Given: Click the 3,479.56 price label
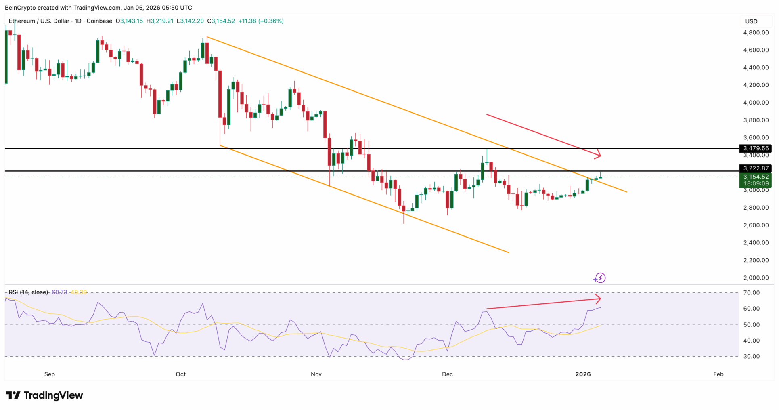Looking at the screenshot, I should click(x=756, y=149).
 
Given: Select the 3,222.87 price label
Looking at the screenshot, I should click(x=756, y=168).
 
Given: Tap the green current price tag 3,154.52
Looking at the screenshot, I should click(x=756, y=177).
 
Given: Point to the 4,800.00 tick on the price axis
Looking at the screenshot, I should click(x=756, y=33).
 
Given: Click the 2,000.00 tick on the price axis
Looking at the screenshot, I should click(x=756, y=278).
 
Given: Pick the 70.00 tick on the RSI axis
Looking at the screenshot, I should click(x=751, y=293).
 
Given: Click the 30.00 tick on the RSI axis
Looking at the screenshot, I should click(x=751, y=357).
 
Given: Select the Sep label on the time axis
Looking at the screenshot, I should click(x=50, y=374).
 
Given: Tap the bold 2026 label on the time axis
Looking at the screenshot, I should click(x=583, y=374).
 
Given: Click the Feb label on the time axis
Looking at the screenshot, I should click(x=718, y=374).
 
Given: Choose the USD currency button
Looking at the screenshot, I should click(x=751, y=21).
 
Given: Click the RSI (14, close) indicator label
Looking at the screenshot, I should click(x=28, y=292).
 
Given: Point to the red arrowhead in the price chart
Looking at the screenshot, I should click(x=598, y=154).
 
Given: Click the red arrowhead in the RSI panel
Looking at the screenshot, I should click(x=598, y=299).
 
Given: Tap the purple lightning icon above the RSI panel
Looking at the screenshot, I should click(x=600, y=278).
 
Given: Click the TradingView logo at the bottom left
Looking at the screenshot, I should click(x=44, y=395).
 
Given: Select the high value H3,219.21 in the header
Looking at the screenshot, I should click(x=160, y=21).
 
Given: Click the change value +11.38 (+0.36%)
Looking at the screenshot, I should click(x=261, y=21).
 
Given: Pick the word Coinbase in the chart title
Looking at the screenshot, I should click(x=99, y=21).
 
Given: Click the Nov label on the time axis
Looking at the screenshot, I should click(x=316, y=374).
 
